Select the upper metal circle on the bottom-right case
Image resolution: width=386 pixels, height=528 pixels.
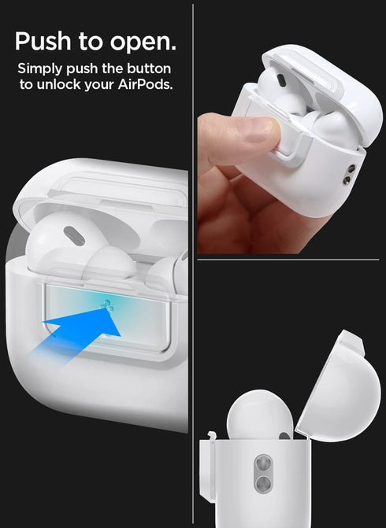point(265,463)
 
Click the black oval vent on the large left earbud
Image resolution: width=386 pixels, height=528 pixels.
point(74,235)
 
